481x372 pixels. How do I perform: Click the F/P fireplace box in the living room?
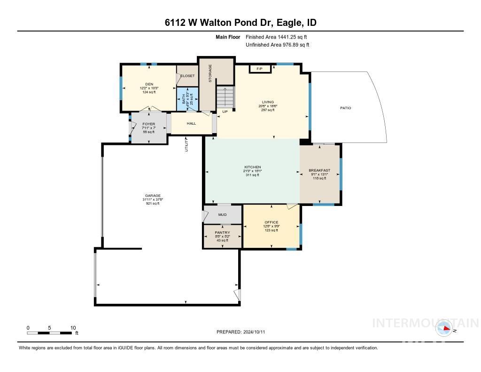click(259, 69)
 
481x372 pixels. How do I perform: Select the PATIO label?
click(345, 108)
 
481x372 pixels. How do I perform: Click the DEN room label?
click(149, 84)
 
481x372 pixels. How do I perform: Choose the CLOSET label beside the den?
click(187, 76)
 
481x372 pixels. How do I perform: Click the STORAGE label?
click(210, 73)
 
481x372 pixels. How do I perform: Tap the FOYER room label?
click(148, 124)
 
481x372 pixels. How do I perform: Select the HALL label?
click(191, 124)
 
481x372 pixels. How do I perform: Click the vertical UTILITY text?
click(186, 143)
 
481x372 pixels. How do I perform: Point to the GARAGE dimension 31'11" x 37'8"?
click(153, 199)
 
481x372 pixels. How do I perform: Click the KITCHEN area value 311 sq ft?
click(252, 175)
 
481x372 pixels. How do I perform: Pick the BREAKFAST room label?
click(319, 170)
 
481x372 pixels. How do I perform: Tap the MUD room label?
click(222, 215)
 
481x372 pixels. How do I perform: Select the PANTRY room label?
click(222, 232)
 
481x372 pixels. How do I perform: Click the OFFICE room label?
click(271, 222)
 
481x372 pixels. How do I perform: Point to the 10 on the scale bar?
click(73, 328)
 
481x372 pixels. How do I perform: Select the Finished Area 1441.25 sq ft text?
click(277, 37)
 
